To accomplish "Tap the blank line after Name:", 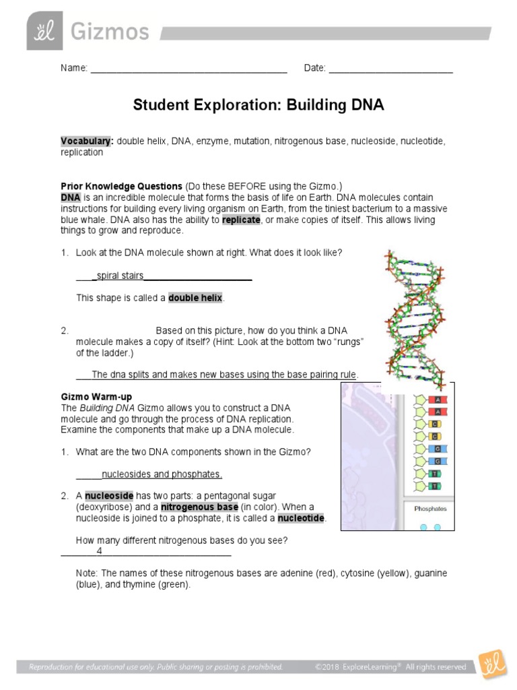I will [188, 69].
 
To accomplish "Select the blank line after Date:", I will [390, 69].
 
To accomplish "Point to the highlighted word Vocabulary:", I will [87, 142].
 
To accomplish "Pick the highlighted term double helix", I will [195, 298].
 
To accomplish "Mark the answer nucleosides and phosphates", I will [161, 474].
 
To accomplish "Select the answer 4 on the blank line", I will [99, 551].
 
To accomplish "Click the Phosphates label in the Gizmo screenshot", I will [430, 509].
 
